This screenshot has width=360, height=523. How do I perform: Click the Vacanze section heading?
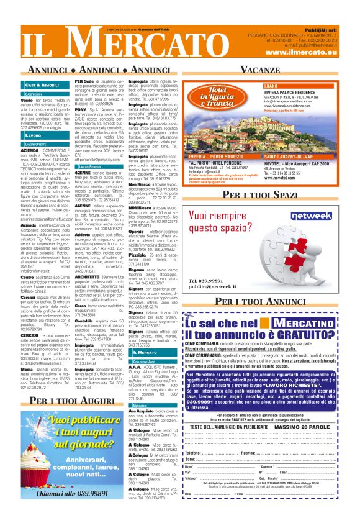(x=260, y=69)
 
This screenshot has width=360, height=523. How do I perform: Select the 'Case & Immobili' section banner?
(x=42, y=84)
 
